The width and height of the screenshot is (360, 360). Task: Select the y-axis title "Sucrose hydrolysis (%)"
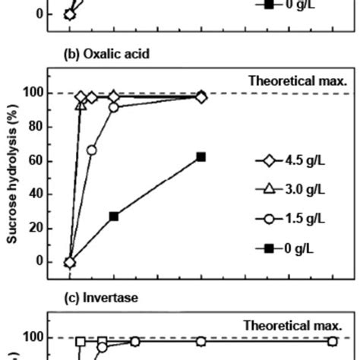[14, 177]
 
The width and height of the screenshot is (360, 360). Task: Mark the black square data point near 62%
[201, 156]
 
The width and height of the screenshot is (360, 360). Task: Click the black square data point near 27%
[114, 216]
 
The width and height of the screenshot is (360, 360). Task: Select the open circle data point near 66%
[92, 150]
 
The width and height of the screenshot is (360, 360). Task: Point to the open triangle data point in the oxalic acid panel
[81, 106]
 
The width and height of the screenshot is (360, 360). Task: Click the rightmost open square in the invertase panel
[333, 342]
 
